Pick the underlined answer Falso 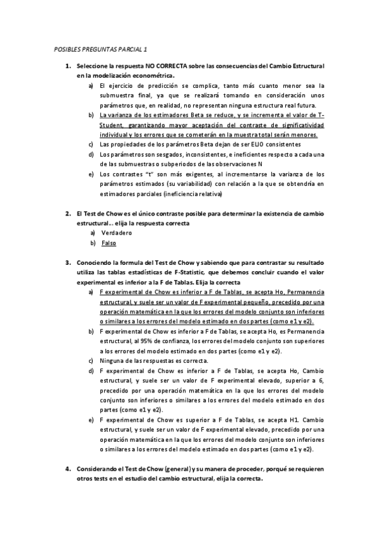click(x=109, y=243)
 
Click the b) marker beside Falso click(x=93, y=243)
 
